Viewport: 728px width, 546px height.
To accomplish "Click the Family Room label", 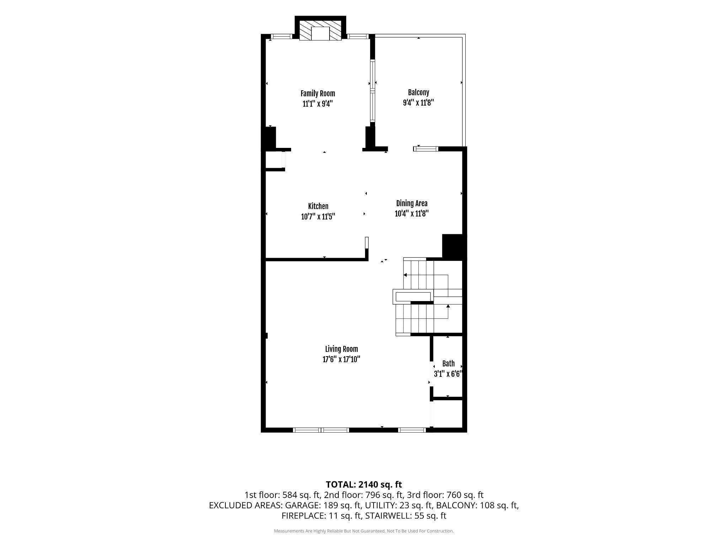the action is (318, 93).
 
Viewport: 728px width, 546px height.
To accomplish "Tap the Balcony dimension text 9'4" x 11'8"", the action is (418, 103).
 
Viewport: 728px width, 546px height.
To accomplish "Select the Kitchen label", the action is (318, 206).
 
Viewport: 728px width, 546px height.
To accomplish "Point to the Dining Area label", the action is (412, 203).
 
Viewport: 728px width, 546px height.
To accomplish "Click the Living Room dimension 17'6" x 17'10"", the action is (341, 359).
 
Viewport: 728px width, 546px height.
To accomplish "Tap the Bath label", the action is (448, 364).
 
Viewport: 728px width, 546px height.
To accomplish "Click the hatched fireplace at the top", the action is (320, 30).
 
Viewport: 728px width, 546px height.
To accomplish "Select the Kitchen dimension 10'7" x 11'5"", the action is (318, 216).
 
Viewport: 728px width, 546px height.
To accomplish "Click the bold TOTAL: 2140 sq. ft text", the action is (364, 484).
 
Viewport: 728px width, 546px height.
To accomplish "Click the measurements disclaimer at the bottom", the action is (364, 531).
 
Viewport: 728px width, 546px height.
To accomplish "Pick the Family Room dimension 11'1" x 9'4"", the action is (318, 104).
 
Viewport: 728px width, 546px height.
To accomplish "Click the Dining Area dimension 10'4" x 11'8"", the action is (412, 214).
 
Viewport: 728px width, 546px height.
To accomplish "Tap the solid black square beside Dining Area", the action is (453, 246).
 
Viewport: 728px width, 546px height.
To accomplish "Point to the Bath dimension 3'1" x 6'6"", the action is (448, 374).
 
